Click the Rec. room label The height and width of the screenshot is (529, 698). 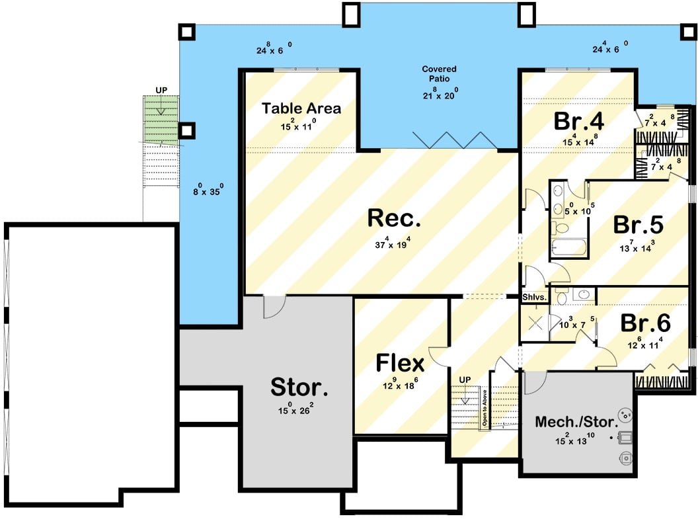[390, 218]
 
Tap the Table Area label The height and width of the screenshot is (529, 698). [301, 108]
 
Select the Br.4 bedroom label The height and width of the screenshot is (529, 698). [579, 122]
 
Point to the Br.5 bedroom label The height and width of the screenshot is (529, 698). [638, 225]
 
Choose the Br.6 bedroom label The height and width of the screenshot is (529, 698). [645, 323]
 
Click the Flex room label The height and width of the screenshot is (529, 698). [400, 363]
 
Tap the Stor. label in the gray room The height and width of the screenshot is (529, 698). [299, 387]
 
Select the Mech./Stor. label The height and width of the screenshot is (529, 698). [576, 421]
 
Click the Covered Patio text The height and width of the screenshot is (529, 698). [440, 73]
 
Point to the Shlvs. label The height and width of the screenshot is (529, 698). [535, 298]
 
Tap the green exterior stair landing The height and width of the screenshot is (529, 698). [162, 119]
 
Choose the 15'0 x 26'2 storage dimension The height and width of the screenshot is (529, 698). [295, 410]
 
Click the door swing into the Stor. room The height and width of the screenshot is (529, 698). [274, 305]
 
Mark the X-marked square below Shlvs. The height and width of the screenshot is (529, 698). [535, 323]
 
